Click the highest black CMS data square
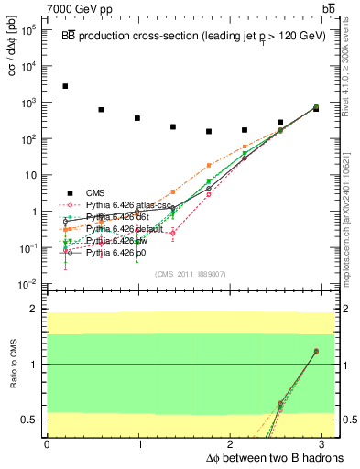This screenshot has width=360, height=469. (65, 86)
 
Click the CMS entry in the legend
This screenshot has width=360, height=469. (96, 192)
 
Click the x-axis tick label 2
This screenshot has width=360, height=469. (232, 444)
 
